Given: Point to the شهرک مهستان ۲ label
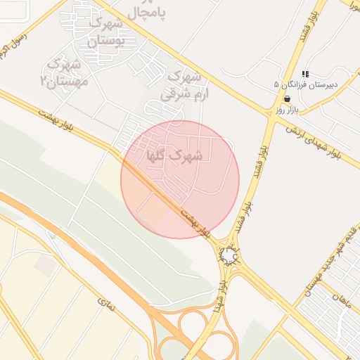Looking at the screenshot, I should tap(65, 73).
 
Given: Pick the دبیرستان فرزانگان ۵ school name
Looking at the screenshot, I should tap(306, 84).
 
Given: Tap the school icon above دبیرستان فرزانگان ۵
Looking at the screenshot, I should tap(306, 73).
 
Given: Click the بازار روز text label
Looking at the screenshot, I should tap(288, 110).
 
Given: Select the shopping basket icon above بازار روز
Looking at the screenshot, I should tap(288, 100).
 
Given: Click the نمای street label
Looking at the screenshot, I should tap(105, 303).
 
